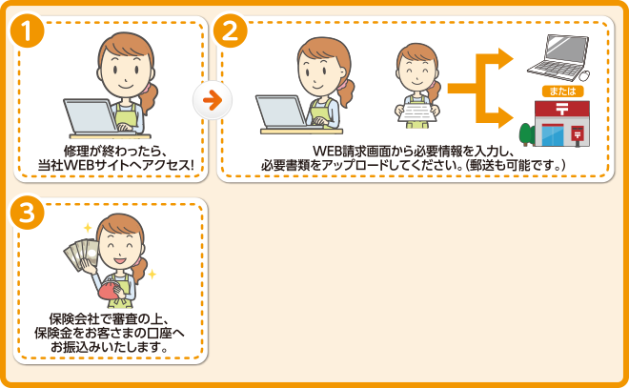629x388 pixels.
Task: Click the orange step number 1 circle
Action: pos(28,31)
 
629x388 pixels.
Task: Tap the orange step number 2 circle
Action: pos(231,31)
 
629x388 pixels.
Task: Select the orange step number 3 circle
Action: pos(28,213)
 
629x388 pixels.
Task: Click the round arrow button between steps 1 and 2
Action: pos(213,100)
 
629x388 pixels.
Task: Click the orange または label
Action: pos(562,92)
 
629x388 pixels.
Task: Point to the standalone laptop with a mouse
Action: pos(558,58)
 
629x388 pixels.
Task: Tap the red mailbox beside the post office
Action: pos(578,135)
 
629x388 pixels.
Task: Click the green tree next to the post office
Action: pos(526,134)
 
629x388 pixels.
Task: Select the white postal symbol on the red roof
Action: pos(561,108)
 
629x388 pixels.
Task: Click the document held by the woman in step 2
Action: pos(417,112)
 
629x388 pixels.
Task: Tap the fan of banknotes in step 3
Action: pos(81,254)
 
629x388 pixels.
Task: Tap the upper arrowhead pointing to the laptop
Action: pos(505,59)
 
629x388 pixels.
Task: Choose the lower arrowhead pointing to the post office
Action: pos(505,117)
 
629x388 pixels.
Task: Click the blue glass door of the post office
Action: pos(553,134)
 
